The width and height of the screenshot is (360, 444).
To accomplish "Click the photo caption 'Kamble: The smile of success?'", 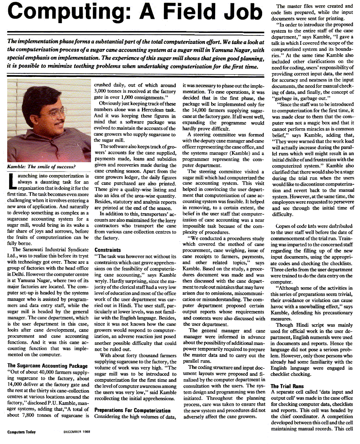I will (x=41, y=167).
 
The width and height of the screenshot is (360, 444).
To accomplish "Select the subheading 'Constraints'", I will (x=107, y=250).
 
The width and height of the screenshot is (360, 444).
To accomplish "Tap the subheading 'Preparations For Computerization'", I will (x=132, y=410).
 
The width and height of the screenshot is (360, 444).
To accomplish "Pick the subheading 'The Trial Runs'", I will (x=287, y=386).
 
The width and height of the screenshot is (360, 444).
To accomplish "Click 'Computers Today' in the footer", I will (x=21, y=432).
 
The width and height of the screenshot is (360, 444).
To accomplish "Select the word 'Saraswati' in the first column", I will (x=38, y=250).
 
